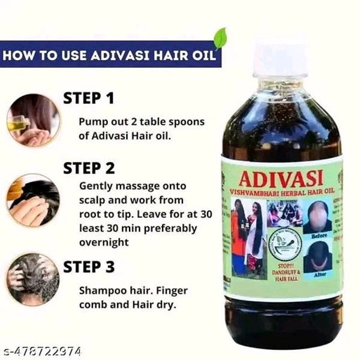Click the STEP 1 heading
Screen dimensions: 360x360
tap(88, 98)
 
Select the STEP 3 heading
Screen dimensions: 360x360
tap(89, 266)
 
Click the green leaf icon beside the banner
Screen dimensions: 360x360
tap(221, 37)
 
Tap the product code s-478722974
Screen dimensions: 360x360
tap(42, 351)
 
